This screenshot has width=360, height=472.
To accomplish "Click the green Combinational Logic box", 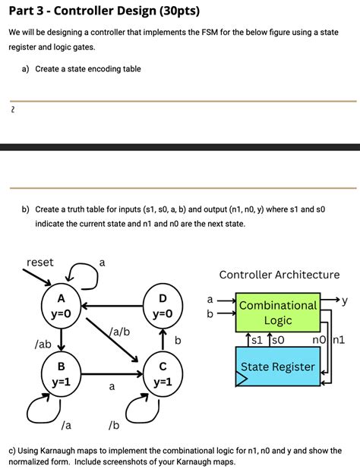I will point(278,312).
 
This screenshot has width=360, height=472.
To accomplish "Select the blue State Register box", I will point(278,367).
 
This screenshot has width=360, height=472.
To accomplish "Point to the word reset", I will point(40,262).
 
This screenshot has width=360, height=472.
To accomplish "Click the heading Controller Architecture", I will point(279,274).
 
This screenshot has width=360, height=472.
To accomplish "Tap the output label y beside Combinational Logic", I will point(344,301).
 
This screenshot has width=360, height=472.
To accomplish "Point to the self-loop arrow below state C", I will point(141,411).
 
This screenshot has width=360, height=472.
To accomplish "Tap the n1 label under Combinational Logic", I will point(339,339).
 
